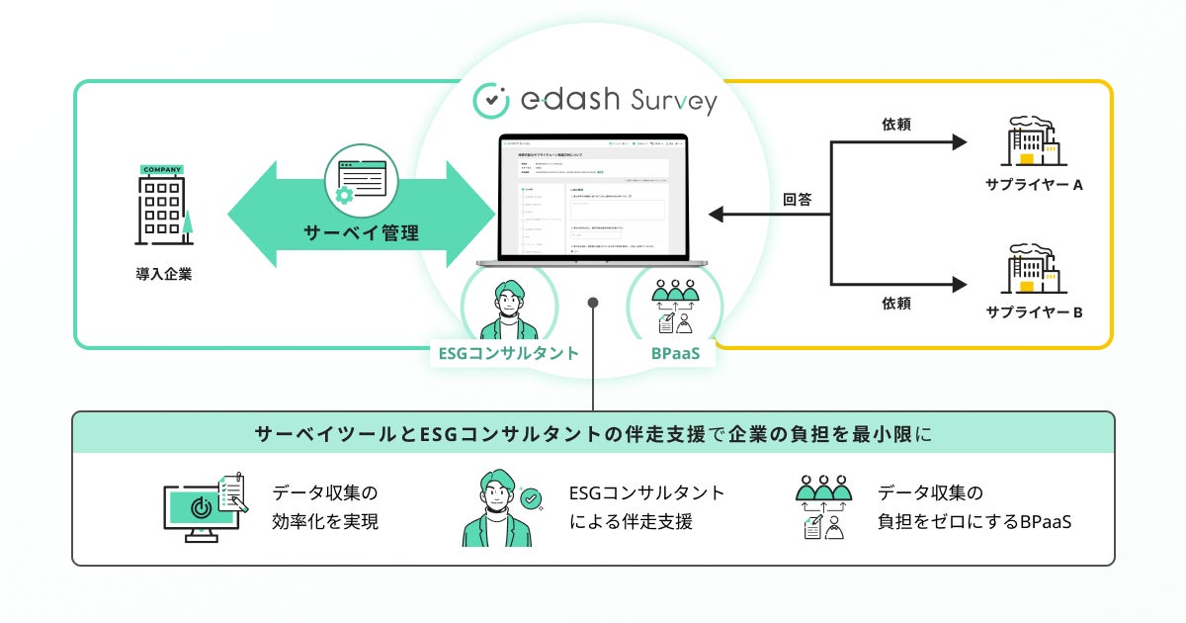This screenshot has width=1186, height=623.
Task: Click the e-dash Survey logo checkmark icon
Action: click(491, 100)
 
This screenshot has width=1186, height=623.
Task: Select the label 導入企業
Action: click(164, 274)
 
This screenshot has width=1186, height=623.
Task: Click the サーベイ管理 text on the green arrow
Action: click(361, 234)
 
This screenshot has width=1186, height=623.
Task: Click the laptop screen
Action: click(592, 199)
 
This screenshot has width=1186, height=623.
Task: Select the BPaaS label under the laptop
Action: click(676, 353)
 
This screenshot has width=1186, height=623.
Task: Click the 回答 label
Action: click(797, 200)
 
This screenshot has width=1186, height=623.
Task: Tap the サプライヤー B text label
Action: click(1035, 312)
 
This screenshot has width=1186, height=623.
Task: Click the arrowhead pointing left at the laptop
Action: click(719, 214)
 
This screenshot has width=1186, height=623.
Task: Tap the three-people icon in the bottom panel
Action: click(823, 507)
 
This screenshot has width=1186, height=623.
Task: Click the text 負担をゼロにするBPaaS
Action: click(974, 521)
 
